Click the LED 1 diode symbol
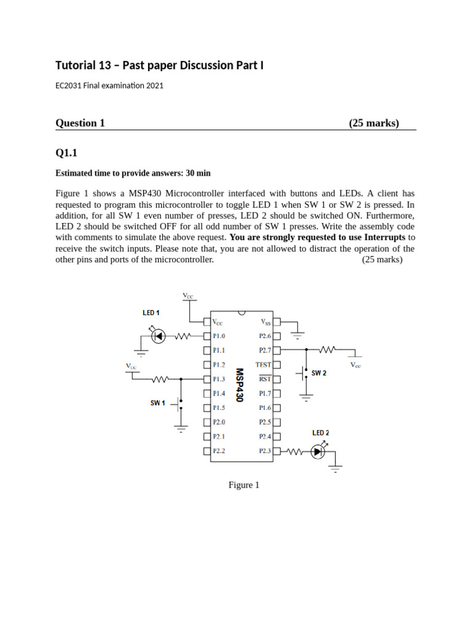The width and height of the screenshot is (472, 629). (x=159, y=336)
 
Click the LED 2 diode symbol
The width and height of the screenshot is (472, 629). (x=318, y=452)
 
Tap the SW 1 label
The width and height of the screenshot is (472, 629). (x=157, y=403)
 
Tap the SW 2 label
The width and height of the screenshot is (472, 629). (x=319, y=373)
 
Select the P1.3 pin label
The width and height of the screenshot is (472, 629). (x=219, y=379)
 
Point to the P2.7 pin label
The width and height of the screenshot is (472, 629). (x=265, y=350)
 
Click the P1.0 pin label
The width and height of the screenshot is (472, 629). (x=219, y=336)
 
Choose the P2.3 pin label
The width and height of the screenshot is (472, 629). (x=265, y=451)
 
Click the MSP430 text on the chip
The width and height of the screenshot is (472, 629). (x=240, y=385)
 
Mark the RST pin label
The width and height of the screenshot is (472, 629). (x=265, y=379)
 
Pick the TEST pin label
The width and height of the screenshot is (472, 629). (x=263, y=365)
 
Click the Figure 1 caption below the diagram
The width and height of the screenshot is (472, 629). (x=244, y=485)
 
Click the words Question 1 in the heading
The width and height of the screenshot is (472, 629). (x=80, y=123)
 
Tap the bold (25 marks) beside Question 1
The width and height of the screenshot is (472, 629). (x=374, y=123)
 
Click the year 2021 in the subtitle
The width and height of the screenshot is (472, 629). (x=154, y=86)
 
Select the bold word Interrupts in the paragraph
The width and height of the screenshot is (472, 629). (x=385, y=237)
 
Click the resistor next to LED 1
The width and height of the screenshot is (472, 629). (x=184, y=336)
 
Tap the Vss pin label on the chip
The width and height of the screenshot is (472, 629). (x=265, y=322)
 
